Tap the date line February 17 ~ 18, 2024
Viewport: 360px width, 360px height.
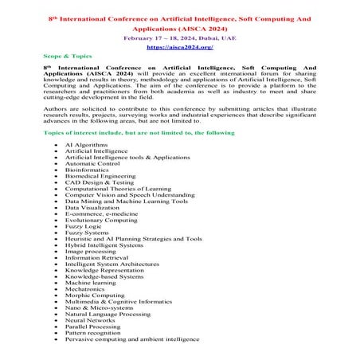click(179, 36)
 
